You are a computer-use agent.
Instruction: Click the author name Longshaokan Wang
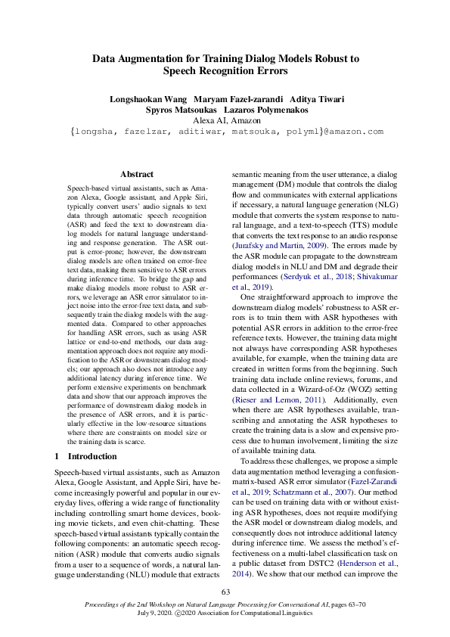click(x=148, y=99)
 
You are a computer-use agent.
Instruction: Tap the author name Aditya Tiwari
click(x=312, y=99)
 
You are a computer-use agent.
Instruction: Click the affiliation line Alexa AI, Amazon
click(x=225, y=120)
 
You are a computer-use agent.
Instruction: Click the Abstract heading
click(x=136, y=174)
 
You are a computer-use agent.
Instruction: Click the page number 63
click(x=225, y=592)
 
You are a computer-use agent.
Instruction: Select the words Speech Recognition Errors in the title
click(x=225, y=71)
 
